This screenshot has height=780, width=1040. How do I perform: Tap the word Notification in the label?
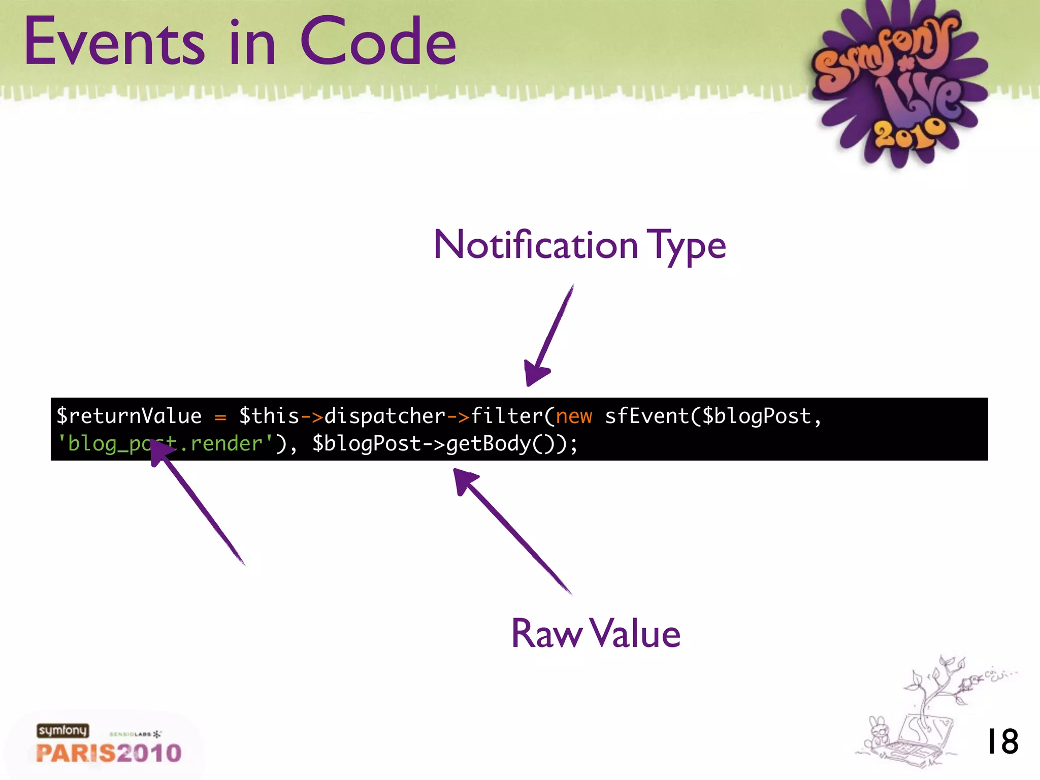(536, 245)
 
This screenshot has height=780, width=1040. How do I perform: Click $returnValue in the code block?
(129, 416)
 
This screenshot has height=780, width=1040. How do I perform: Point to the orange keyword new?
(574, 416)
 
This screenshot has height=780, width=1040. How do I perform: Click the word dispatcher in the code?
(384, 416)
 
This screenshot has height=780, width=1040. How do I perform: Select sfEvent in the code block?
(646, 416)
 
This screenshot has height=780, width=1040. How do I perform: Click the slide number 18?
(1002, 741)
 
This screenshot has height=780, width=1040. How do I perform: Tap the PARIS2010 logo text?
(109, 753)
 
